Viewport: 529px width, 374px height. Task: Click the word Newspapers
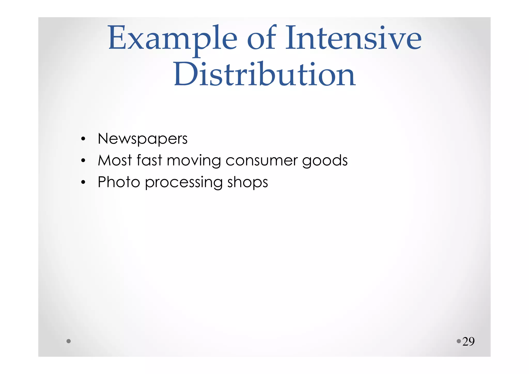(x=143, y=139)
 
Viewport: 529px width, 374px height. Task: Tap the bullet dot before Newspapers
(x=83, y=139)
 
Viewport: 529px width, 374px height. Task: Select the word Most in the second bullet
(x=115, y=160)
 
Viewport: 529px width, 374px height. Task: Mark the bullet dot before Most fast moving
(x=83, y=161)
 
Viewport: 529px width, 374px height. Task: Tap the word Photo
(x=119, y=182)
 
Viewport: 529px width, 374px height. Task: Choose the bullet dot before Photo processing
(x=83, y=182)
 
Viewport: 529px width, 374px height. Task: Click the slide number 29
(x=468, y=342)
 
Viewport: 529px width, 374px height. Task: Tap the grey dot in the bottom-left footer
(x=68, y=341)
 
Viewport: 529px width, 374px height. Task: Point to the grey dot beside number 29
(x=459, y=341)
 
